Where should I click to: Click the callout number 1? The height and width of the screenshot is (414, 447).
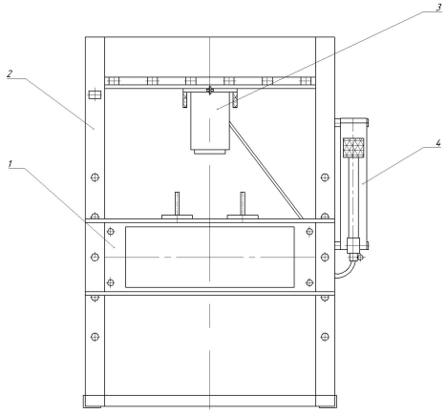[x=11, y=164]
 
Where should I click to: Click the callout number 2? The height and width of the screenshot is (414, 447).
[x=10, y=73]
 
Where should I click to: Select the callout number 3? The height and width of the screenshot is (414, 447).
[x=438, y=7]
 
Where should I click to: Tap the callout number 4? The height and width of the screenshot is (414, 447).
[x=438, y=143]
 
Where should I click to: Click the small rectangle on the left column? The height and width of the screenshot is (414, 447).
[x=95, y=94]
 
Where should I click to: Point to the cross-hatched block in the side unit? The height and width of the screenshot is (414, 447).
[x=353, y=148]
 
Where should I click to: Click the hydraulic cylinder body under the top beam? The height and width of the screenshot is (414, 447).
[x=210, y=121]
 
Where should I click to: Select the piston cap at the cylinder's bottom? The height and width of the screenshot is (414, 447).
[x=210, y=152]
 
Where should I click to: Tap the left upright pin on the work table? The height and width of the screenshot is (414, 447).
[x=177, y=203]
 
